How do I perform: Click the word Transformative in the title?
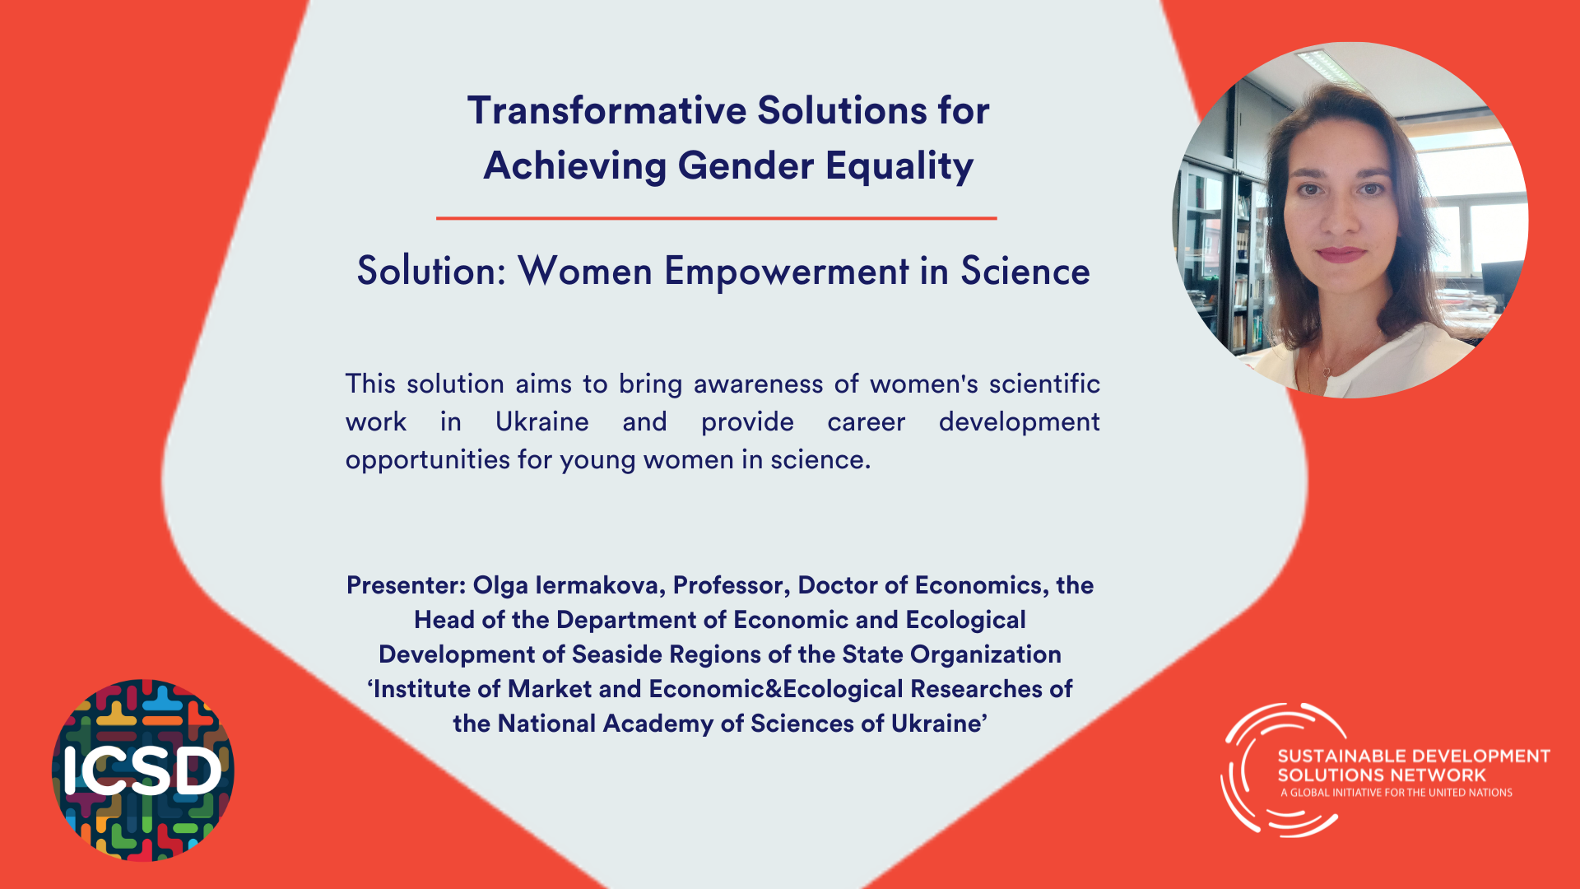point(606,110)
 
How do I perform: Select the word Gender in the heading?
point(746,165)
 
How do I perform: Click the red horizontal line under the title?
point(716,218)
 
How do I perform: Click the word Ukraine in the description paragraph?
point(541,421)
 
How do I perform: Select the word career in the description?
point(866,421)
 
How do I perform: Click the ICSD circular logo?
point(142,770)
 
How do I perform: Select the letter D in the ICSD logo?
point(197,772)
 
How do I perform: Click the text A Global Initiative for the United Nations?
point(1396,793)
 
